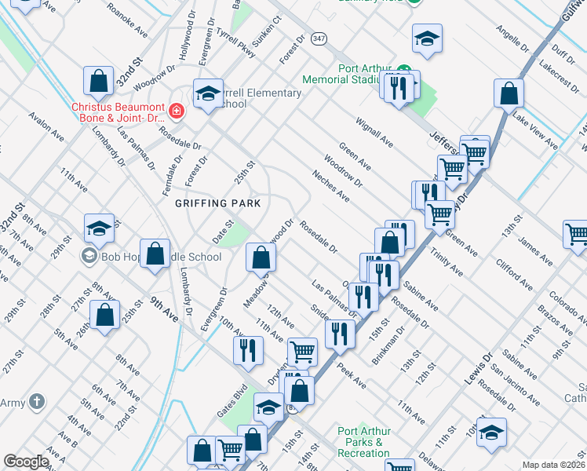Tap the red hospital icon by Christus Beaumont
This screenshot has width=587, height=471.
pos(177,111)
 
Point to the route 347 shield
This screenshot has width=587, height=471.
pos(318,38)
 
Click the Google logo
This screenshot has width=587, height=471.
pos(26,462)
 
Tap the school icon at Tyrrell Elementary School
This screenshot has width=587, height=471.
pos(209,93)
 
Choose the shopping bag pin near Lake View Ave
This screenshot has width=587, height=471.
pos(509,93)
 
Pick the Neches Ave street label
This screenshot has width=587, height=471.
pos(330,186)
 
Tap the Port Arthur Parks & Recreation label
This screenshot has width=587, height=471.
pos(364,442)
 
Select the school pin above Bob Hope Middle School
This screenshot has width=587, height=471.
pos(100,228)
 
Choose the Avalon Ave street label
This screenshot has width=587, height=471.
pos(45,126)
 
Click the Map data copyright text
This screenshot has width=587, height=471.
pos(554,465)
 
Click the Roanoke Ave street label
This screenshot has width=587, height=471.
pos(126,24)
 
